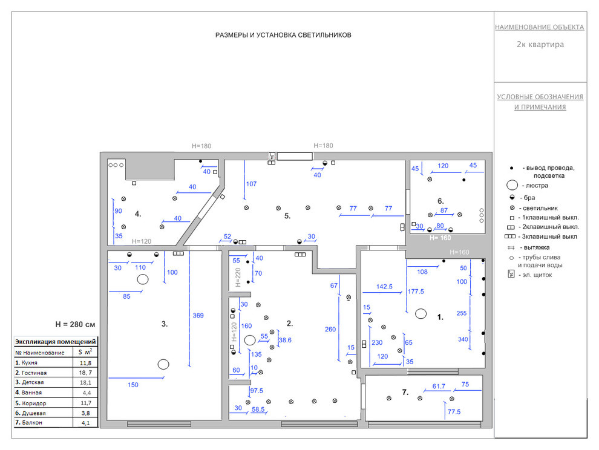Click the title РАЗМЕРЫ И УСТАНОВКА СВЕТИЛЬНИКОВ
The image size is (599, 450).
tap(283, 35)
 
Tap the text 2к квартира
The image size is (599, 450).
tap(540, 44)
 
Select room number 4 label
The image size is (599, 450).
tap(138, 214)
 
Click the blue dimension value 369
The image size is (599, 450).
tap(198, 316)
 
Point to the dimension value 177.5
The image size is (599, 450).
tap(416, 292)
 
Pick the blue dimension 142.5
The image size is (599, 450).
tap(384, 287)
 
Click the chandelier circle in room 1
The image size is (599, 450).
tap(421, 314)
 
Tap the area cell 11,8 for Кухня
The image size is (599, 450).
tap(85, 363)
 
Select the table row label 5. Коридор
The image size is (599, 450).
tap(31, 403)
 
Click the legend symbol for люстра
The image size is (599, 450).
tap(512, 185)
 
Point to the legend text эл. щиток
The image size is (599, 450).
tap(537, 275)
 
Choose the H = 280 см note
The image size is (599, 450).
tap(75, 324)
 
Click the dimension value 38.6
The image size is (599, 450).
tap(285, 340)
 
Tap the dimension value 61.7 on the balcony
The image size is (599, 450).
tap(439, 386)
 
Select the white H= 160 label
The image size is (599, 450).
tap(440, 238)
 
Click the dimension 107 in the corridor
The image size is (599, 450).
tap(251, 184)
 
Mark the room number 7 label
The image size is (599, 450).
tap(405, 393)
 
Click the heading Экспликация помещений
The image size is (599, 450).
tap(56, 342)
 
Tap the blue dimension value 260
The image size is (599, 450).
tap(330, 329)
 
